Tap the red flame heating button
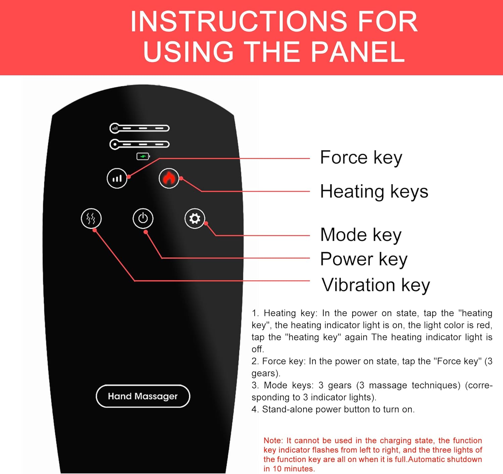pos(169,178)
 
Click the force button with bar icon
pos(117,178)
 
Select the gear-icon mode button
pos(194,219)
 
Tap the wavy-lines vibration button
pos(91,219)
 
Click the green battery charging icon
pos(143,157)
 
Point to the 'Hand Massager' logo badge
pos(143,396)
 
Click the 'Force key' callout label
pos(361,158)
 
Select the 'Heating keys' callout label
pos(374,192)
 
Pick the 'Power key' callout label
pos(364,259)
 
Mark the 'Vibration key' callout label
pos(376,285)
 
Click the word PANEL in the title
pos(357,52)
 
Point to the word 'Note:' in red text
pos(273,441)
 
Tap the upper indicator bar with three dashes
pos(139,128)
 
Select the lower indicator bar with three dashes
pos(139,144)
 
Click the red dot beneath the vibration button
pos(95,230)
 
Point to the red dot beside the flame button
pos(181,178)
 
